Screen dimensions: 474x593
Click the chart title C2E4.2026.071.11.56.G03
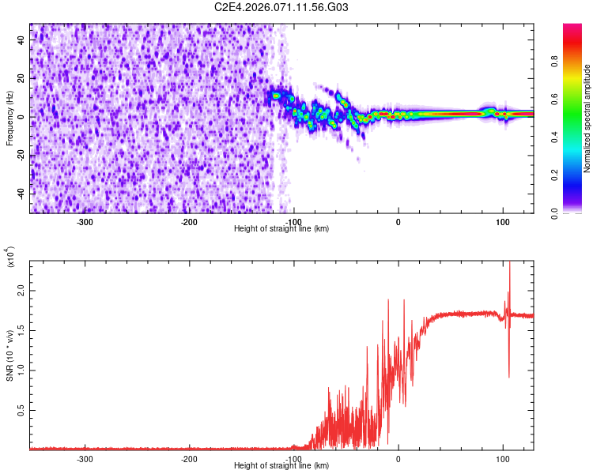(x=281, y=7)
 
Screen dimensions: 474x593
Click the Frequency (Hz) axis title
(x=9, y=118)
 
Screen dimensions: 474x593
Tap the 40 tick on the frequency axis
(x=21, y=40)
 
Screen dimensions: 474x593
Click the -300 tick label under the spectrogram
(x=85, y=221)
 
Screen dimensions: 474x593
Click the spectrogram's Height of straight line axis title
(x=281, y=228)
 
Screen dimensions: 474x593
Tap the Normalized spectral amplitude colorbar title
(x=587, y=118)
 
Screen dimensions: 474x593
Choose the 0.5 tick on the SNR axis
(x=21, y=409)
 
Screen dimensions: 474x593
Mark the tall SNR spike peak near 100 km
(x=509, y=263)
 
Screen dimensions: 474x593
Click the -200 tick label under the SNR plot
(x=189, y=458)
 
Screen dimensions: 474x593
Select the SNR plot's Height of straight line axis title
(x=281, y=465)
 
